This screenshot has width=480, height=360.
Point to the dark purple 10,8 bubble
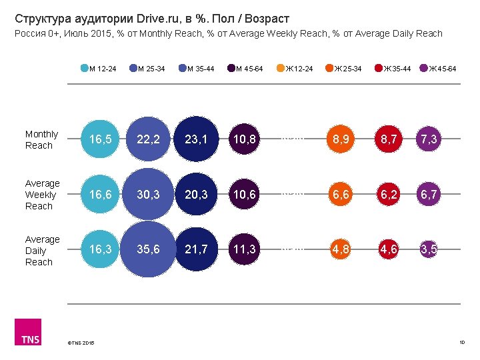click(x=243, y=139)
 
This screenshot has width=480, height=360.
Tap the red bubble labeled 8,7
click(x=385, y=139)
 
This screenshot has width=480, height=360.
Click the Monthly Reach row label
click(x=41, y=139)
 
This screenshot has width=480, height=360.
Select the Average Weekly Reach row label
click(x=42, y=195)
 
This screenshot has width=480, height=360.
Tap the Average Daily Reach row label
click(x=42, y=251)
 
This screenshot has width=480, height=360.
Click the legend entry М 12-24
click(x=100, y=69)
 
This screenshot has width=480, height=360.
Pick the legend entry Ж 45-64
click(x=439, y=69)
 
